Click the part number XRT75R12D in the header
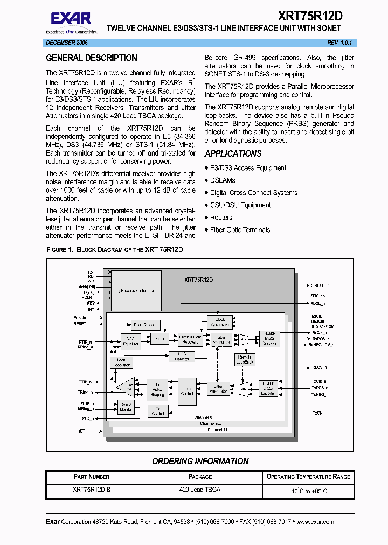point(310,16)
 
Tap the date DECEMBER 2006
point(67,43)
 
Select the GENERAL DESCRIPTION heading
point(92,58)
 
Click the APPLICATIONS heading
point(233,154)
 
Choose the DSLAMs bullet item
point(223,180)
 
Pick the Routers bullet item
point(221,218)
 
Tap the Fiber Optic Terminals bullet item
point(240,230)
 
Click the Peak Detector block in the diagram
point(145,325)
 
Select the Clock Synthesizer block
point(220,323)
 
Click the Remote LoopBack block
point(245,360)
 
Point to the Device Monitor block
point(126,407)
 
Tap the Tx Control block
point(158,411)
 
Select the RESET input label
point(80,324)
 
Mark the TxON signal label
point(317,413)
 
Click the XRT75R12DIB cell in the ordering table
point(92,490)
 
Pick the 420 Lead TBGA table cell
point(200,490)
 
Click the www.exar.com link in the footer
point(315,522)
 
